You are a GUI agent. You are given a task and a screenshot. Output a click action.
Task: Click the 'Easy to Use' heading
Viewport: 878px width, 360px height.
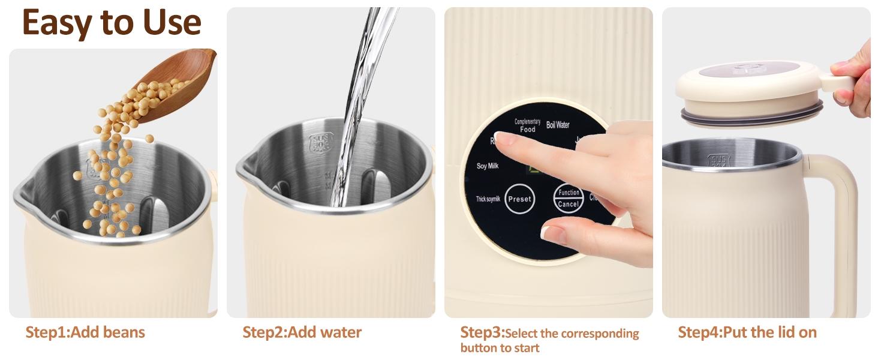tap(112, 22)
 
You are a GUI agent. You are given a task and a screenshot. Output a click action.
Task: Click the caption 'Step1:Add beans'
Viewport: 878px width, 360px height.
tap(85, 332)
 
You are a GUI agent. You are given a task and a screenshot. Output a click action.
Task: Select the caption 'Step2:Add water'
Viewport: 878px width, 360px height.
tap(302, 332)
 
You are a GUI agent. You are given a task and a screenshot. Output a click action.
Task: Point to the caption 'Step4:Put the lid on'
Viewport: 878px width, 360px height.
tap(747, 332)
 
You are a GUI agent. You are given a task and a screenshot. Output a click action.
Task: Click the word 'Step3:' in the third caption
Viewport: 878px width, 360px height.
tap(482, 332)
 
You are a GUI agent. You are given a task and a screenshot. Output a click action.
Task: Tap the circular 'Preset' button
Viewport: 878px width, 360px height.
tap(519, 199)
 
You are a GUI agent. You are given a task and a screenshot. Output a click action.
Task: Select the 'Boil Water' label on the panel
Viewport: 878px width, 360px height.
tap(558, 125)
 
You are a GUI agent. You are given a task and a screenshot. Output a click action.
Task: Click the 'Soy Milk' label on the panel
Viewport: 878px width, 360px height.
tap(487, 166)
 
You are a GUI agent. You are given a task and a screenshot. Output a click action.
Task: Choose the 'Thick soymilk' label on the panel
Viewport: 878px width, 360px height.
tap(488, 199)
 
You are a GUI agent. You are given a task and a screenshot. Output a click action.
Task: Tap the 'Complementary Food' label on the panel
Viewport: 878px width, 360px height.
tap(527, 125)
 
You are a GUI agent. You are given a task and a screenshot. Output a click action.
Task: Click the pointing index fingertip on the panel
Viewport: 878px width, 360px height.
tap(503, 139)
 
